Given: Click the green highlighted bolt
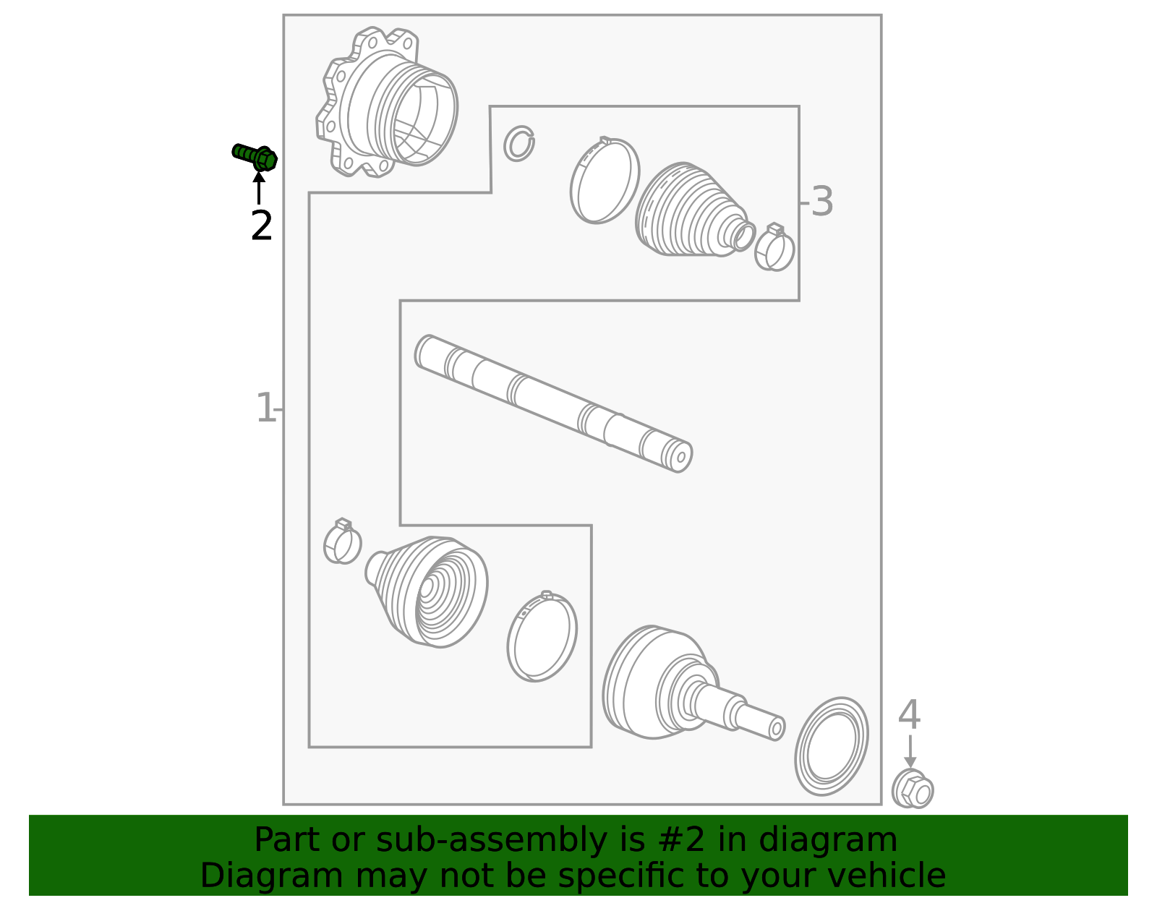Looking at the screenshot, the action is (x=255, y=156).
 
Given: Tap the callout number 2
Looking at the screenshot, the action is (x=261, y=226).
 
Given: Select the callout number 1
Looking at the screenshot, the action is (x=265, y=408).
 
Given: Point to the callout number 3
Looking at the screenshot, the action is (x=821, y=202).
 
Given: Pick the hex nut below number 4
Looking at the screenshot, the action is (x=913, y=789).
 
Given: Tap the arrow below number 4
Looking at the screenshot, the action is (x=910, y=752).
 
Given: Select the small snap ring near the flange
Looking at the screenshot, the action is (x=519, y=143).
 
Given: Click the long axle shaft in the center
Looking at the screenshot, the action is (x=553, y=403).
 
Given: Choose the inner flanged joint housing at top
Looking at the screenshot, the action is (x=387, y=103).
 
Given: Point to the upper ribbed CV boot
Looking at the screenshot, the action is (x=691, y=211).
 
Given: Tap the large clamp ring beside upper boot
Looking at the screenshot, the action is (x=605, y=181).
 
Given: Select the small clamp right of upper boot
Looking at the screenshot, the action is (x=774, y=248).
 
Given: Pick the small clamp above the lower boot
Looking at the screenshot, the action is (x=342, y=542).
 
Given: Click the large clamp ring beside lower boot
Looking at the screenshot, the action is (x=542, y=636).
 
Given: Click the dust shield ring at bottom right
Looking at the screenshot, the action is (x=832, y=746).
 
